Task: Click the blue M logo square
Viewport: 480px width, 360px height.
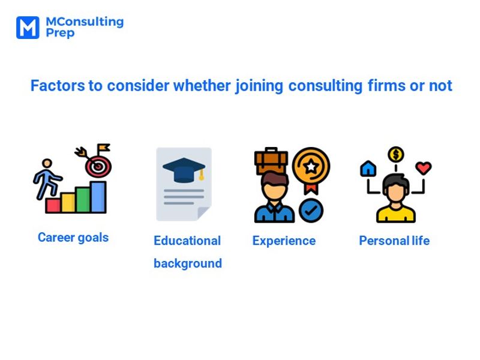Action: tap(27, 28)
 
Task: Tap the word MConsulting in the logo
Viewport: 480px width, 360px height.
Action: tap(85, 22)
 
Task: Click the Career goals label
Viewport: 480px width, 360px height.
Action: tap(73, 238)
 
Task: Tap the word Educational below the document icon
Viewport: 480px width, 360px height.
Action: tap(187, 241)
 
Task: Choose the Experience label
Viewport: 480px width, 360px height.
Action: tap(284, 241)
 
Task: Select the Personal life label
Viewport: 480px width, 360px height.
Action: tap(394, 241)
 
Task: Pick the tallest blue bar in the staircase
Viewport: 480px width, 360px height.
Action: tap(98, 197)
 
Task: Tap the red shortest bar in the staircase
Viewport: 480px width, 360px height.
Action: tap(53, 206)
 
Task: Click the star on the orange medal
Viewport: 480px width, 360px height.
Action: tap(311, 165)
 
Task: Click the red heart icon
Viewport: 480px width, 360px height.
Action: tap(424, 168)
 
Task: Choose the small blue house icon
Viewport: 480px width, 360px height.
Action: tap(368, 169)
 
